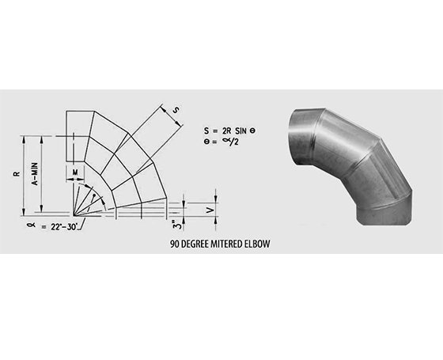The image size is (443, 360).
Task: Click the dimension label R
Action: tap(17, 173)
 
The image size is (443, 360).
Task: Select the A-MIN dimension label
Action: tap(35, 174)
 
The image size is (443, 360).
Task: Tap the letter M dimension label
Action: tap(75, 172)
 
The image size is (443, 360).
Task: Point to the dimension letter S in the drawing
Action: tap(176, 110)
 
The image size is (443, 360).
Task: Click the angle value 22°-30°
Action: tap(64, 227)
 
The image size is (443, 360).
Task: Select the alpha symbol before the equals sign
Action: tap(32, 225)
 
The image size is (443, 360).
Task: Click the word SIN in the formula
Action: tap(240, 131)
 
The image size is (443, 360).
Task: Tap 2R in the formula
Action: tap(226, 131)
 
